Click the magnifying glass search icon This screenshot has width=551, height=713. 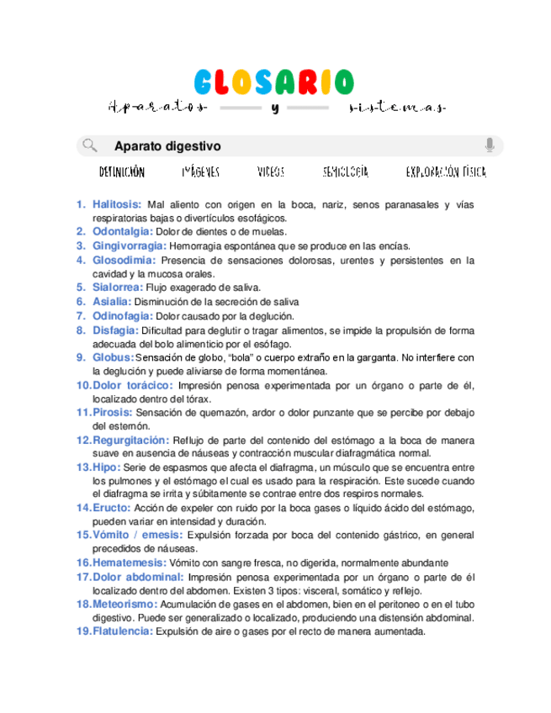coord(89,145)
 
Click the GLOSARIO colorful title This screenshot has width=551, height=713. coord(274,82)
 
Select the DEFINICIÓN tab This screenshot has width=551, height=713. coord(122,172)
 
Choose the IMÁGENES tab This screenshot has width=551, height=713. coord(201,172)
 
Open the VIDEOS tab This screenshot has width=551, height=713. coord(271,172)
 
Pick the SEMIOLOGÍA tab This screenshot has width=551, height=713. coord(346,172)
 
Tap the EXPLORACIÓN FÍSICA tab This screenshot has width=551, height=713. coord(446,172)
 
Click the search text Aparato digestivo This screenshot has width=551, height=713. coord(167,145)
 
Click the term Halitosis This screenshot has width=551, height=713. coord(117,204)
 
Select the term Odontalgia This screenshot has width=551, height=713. coord(123,231)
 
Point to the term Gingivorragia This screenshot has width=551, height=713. coord(129,246)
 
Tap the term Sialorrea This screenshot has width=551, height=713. coord(118,288)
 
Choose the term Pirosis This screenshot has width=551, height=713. coord(112,413)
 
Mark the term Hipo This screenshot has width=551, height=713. coord(106,467)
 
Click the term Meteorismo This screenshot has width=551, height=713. coord(125,604)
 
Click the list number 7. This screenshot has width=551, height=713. coord(81,316)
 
